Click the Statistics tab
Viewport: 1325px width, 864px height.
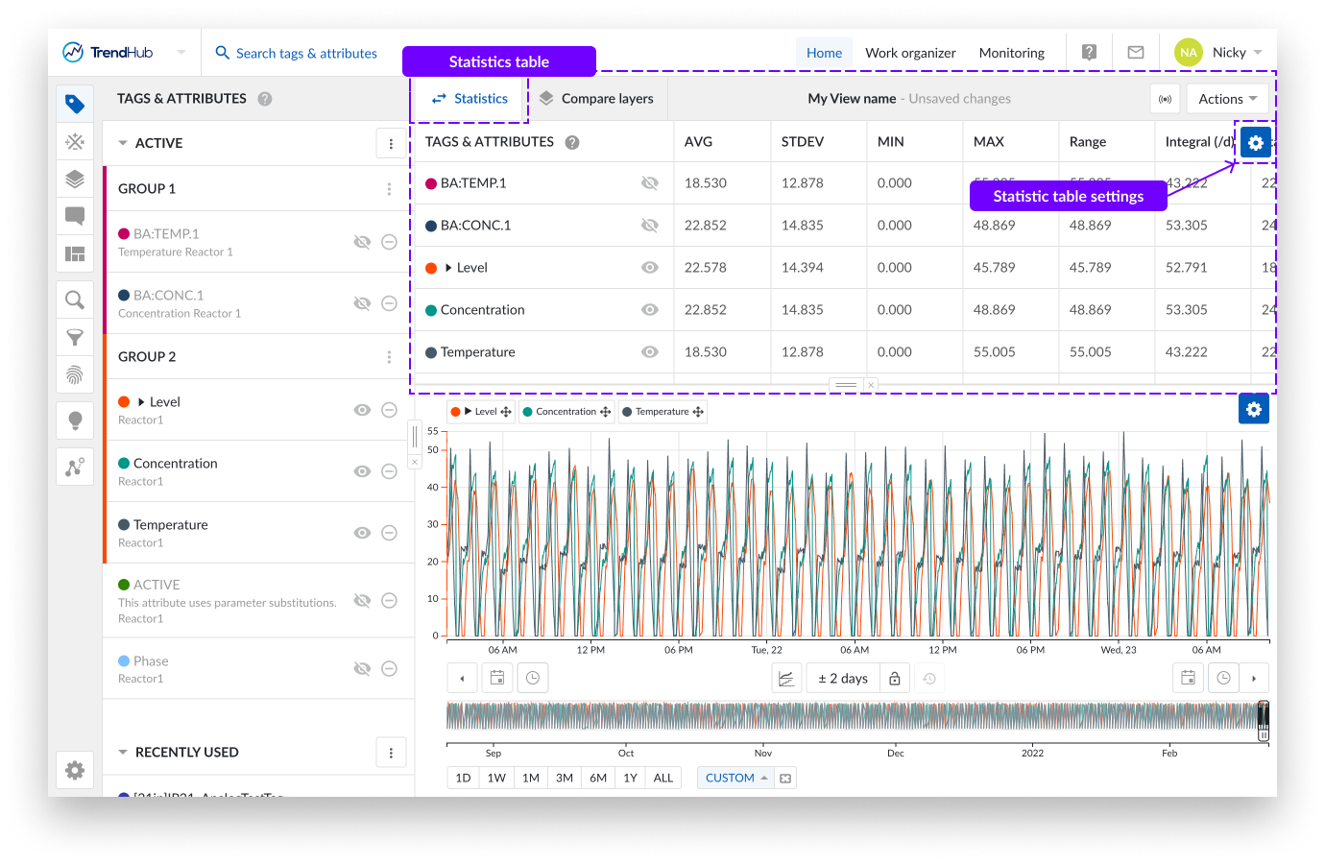coord(470,99)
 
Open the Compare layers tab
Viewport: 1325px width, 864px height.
coord(596,99)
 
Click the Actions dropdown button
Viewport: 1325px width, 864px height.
coord(1227,99)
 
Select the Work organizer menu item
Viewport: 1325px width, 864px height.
coord(910,53)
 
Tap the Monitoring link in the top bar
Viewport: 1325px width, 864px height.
coord(1011,53)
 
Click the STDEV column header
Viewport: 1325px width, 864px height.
coord(803,142)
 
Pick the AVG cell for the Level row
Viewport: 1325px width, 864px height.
coord(706,268)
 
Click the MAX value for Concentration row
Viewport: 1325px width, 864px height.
coord(994,310)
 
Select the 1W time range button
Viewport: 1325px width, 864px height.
coord(496,778)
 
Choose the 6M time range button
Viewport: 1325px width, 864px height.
coord(598,778)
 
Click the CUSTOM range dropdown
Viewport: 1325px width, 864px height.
coord(735,778)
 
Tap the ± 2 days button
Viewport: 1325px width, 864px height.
coord(843,679)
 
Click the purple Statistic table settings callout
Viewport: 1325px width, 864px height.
coord(1068,196)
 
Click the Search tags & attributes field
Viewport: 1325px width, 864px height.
coord(306,54)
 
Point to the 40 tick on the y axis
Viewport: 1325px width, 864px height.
coord(432,488)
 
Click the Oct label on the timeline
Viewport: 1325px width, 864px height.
coord(626,753)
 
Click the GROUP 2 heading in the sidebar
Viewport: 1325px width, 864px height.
coord(147,357)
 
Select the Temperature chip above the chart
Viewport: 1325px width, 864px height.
coord(662,412)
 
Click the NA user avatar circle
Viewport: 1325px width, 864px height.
coord(1189,53)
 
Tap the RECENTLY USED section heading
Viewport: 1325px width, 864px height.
coord(186,753)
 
